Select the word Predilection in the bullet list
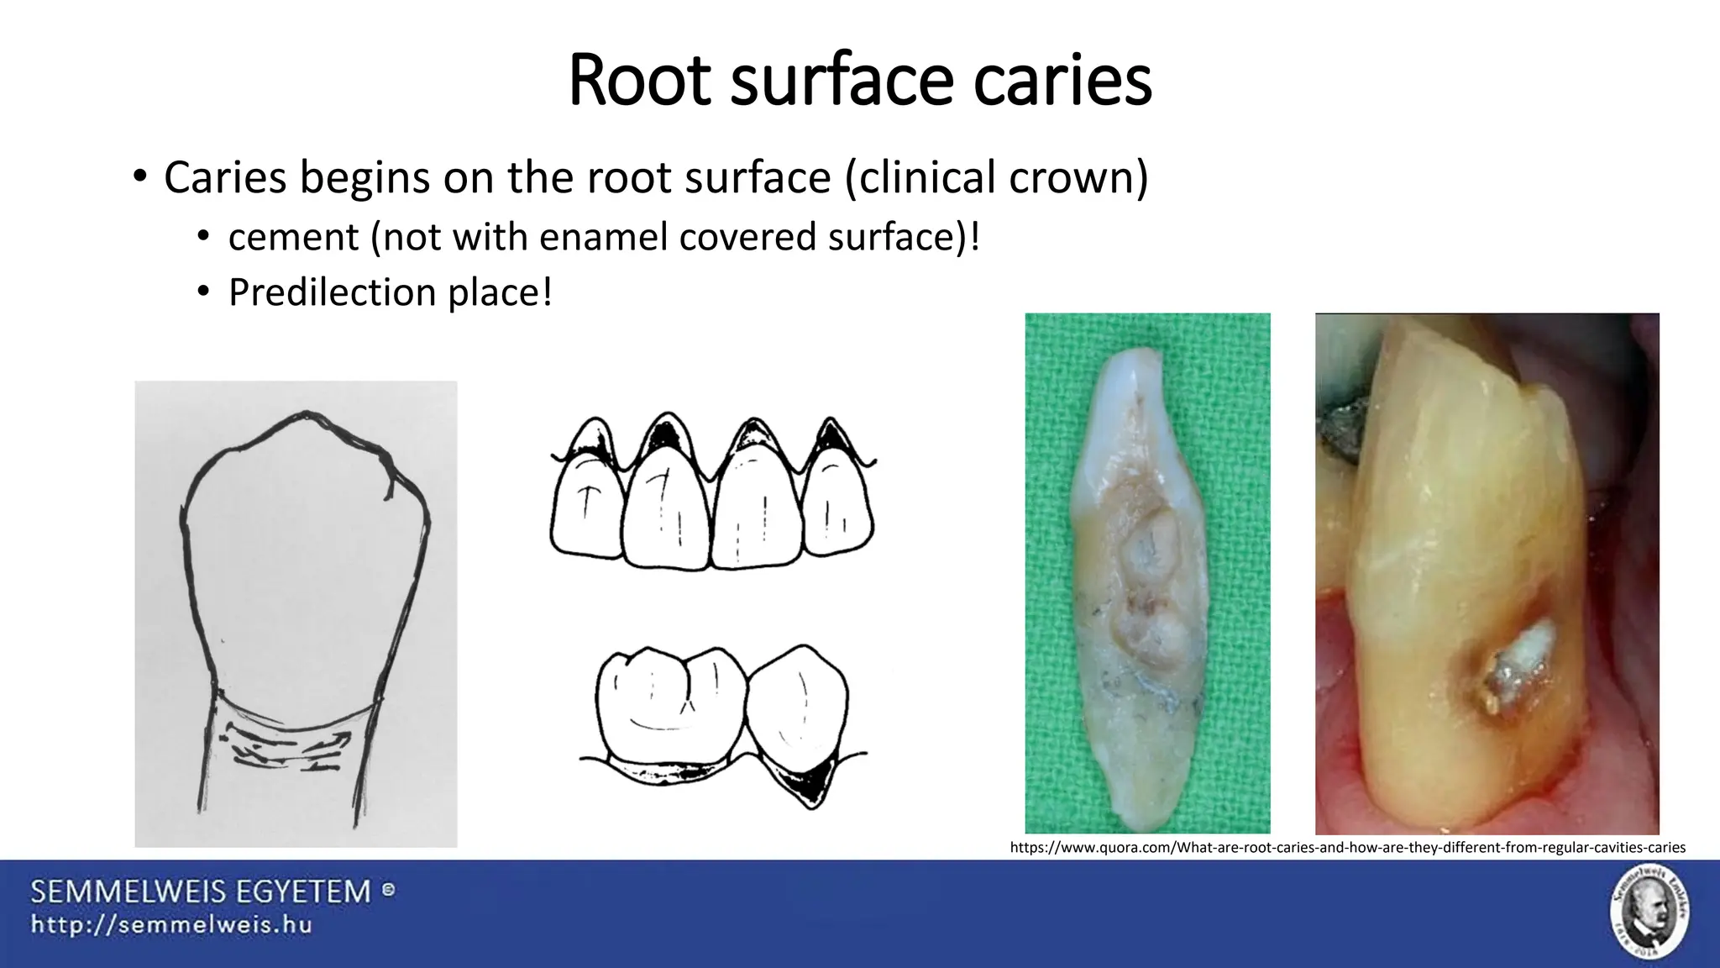pos(332,292)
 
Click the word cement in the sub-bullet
pos(293,238)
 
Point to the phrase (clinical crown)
pos(997,177)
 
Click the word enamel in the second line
pos(603,238)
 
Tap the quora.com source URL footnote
pos(1347,847)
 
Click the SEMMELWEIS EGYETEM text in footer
pos(202,892)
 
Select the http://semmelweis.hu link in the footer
pos(172,925)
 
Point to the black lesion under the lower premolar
pos(806,777)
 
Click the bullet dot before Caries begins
pos(139,177)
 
